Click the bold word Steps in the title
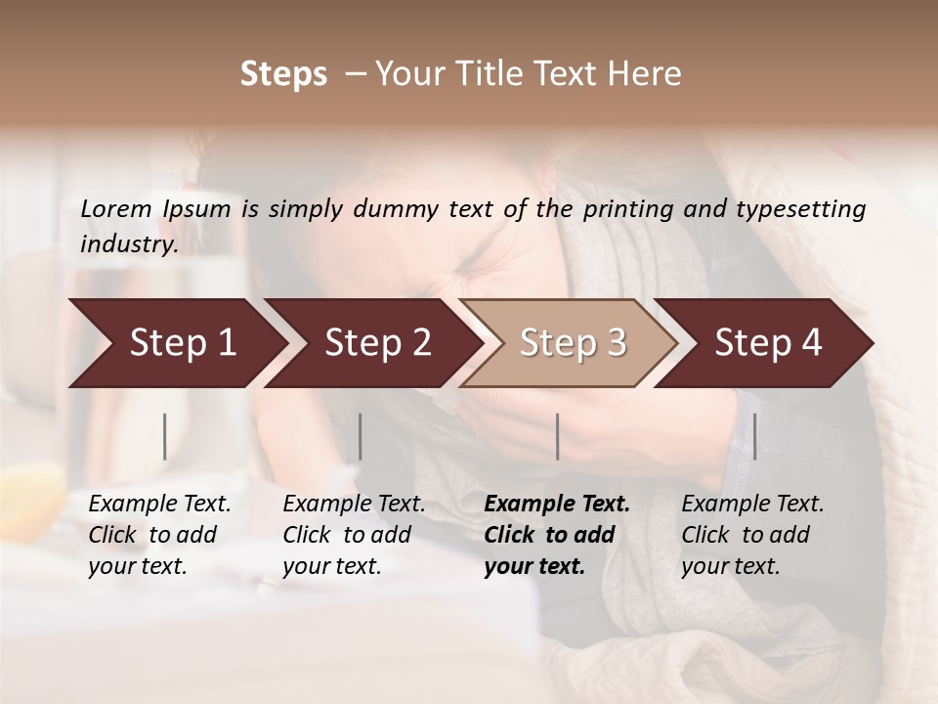coord(283,74)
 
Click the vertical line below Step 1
coord(165,436)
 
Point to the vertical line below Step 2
coord(361,436)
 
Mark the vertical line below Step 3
coord(557,436)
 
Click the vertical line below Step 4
coord(754,436)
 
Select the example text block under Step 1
coord(159,535)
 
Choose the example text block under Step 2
coord(354,535)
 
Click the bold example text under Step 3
coord(557,535)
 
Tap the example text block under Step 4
coord(752,535)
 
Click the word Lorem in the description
coord(116,208)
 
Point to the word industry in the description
coord(129,244)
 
